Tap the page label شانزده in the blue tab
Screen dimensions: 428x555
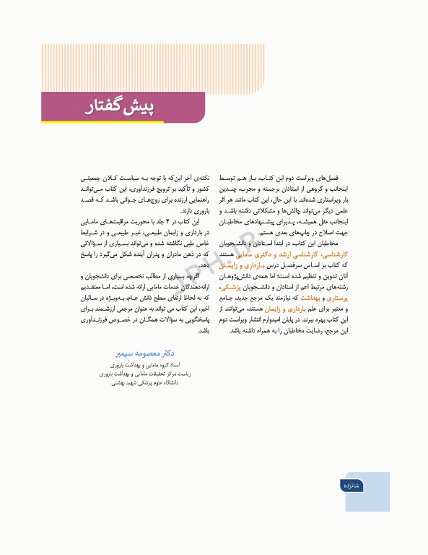tap(358, 485)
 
